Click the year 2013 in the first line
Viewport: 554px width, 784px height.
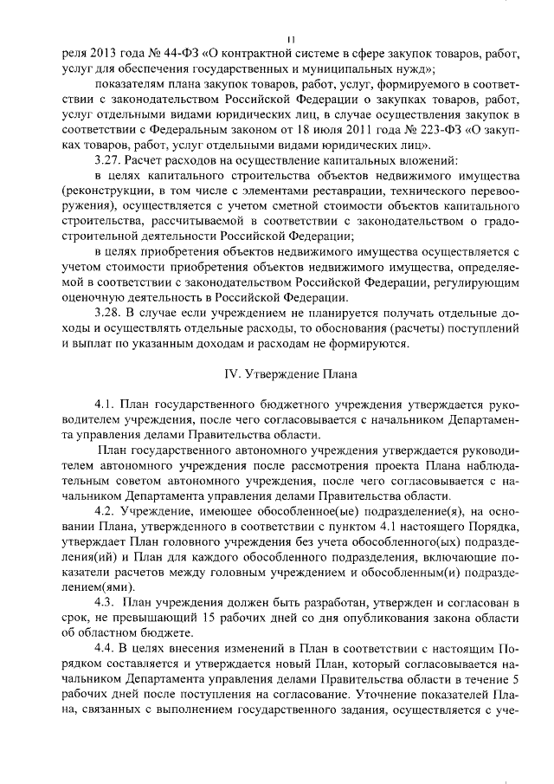(112, 53)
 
